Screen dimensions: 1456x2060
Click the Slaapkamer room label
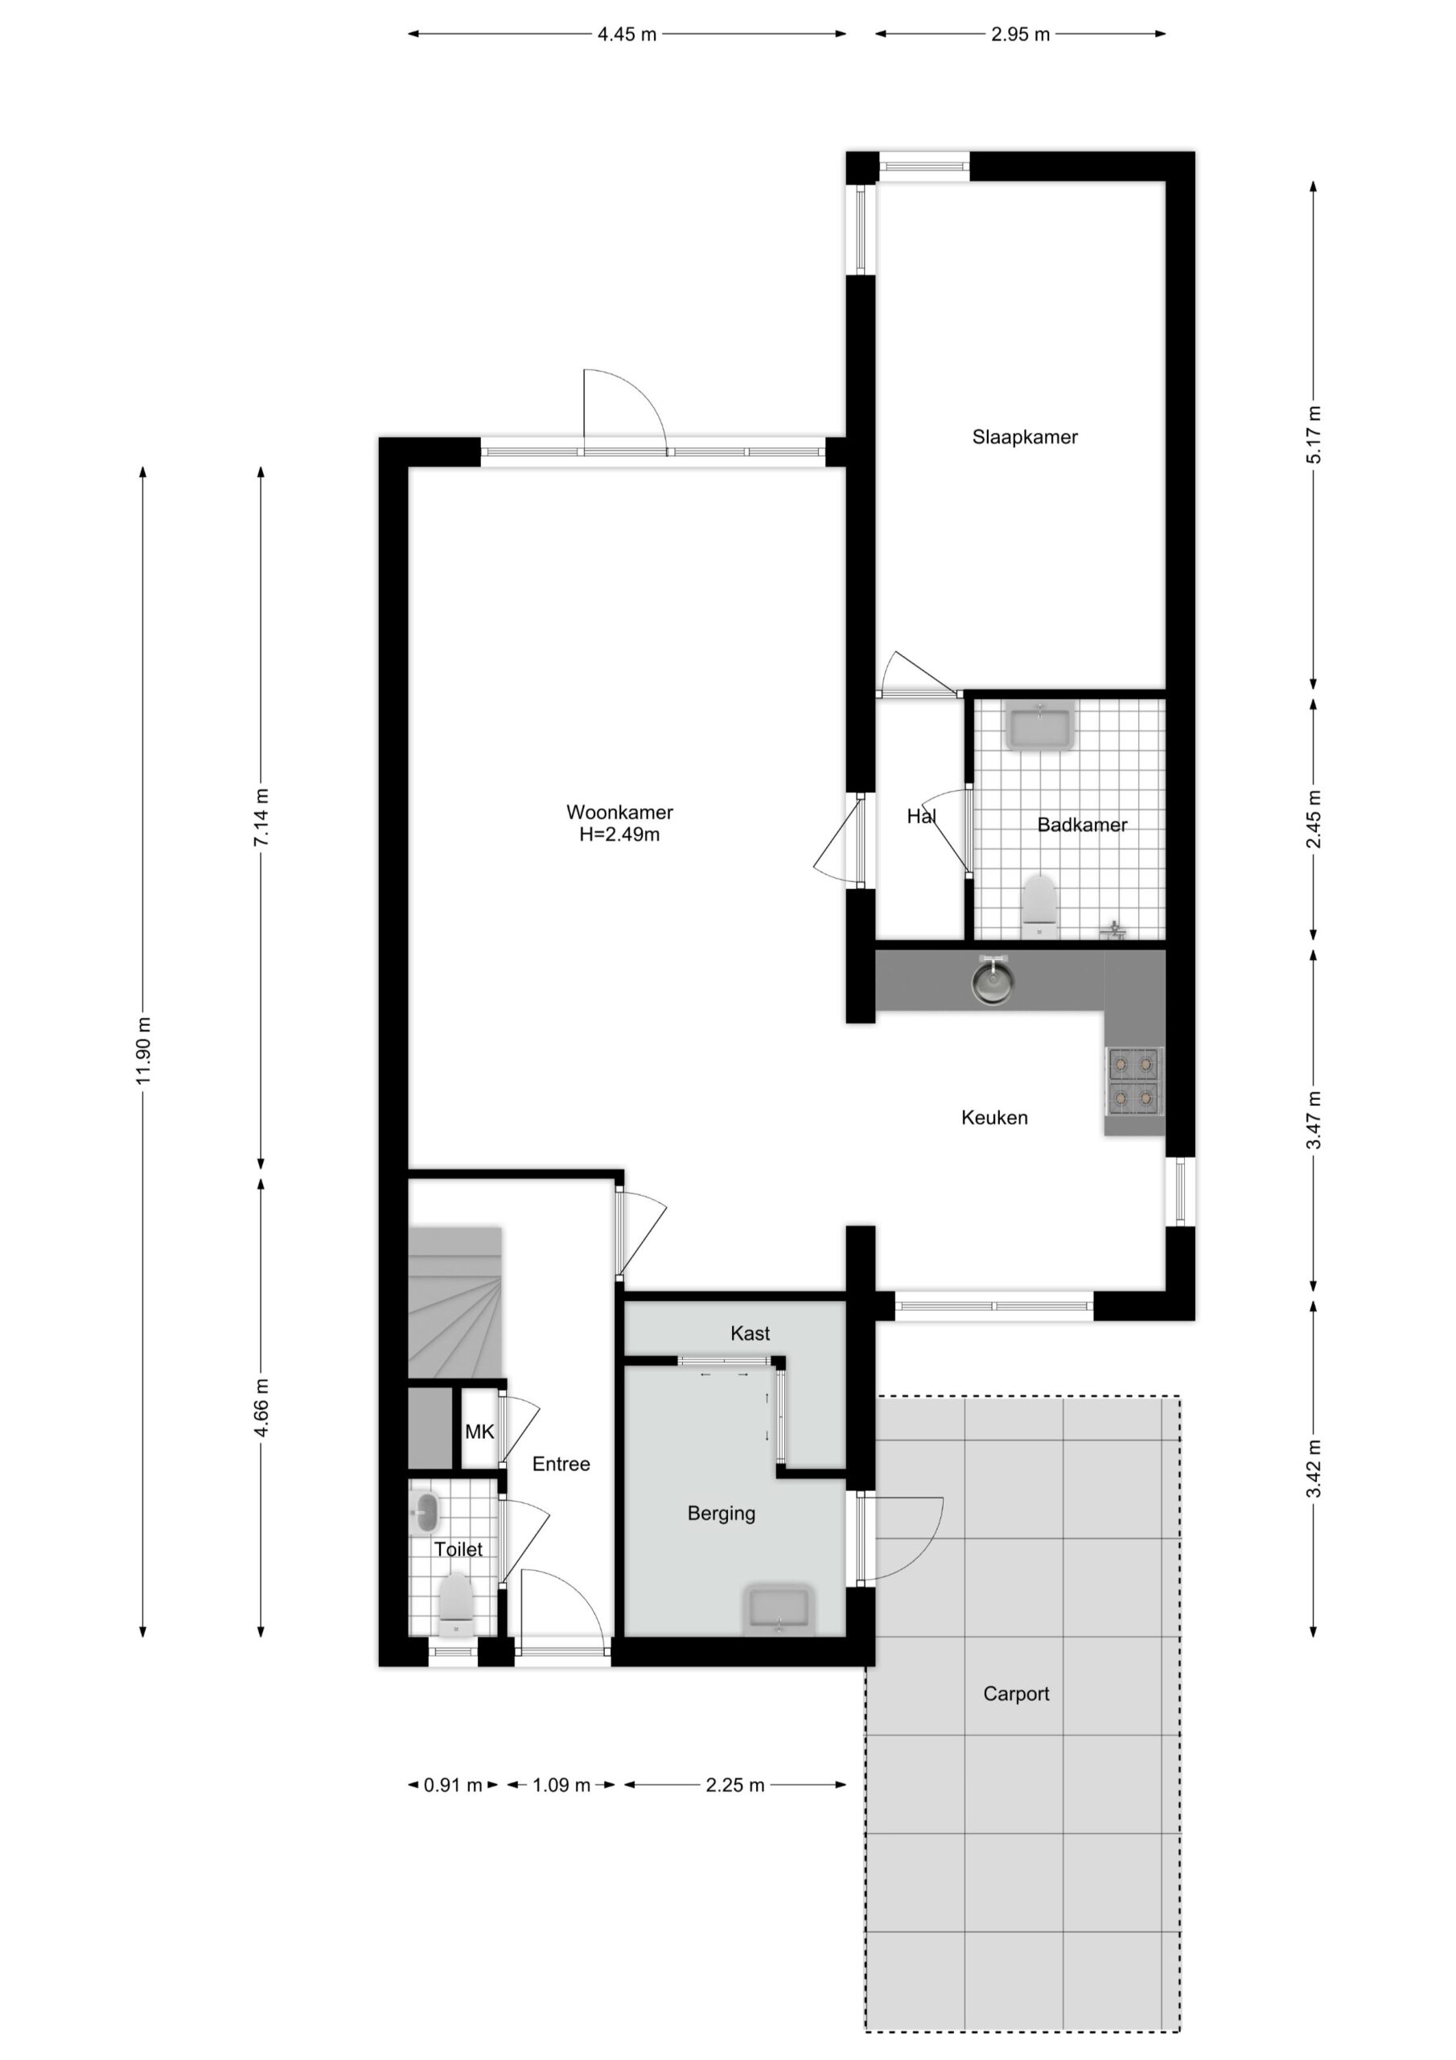(1025, 437)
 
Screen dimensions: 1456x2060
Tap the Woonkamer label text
(619, 812)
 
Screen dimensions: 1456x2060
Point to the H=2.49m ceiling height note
(619, 834)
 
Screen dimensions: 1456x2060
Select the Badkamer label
(1082, 825)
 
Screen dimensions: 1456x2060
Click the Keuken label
(994, 1117)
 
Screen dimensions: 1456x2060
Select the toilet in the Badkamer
(1041, 906)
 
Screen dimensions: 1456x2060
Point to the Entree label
(561, 1465)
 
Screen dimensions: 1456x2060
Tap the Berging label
(722, 1514)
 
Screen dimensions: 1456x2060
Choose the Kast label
(750, 1333)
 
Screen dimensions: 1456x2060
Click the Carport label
(1015, 1693)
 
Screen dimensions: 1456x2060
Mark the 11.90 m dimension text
(143, 1051)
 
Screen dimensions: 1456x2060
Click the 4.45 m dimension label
(627, 34)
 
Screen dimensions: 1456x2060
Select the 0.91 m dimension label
(453, 1785)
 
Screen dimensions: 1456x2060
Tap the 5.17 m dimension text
(1314, 435)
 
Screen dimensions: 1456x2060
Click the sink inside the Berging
(779, 1609)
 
